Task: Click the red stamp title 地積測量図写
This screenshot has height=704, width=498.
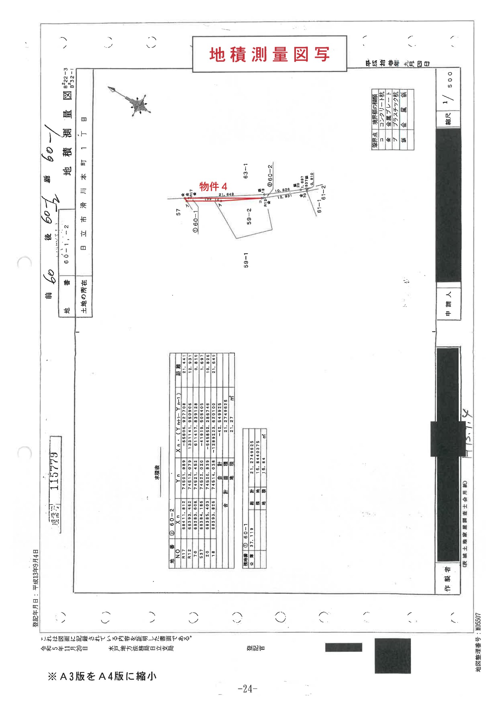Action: pos(269,54)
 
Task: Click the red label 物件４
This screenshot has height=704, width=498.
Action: pos(213,186)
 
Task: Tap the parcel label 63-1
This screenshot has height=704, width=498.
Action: pos(246,171)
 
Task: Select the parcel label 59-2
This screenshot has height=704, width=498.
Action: pos(249,216)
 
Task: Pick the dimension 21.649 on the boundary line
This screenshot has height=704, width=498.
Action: pos(226,195)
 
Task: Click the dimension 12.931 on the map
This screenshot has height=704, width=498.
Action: pos(284,197)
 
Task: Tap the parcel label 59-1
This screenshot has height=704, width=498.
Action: pos(246,260)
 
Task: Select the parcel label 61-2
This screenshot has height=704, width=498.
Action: pos(323,192)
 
